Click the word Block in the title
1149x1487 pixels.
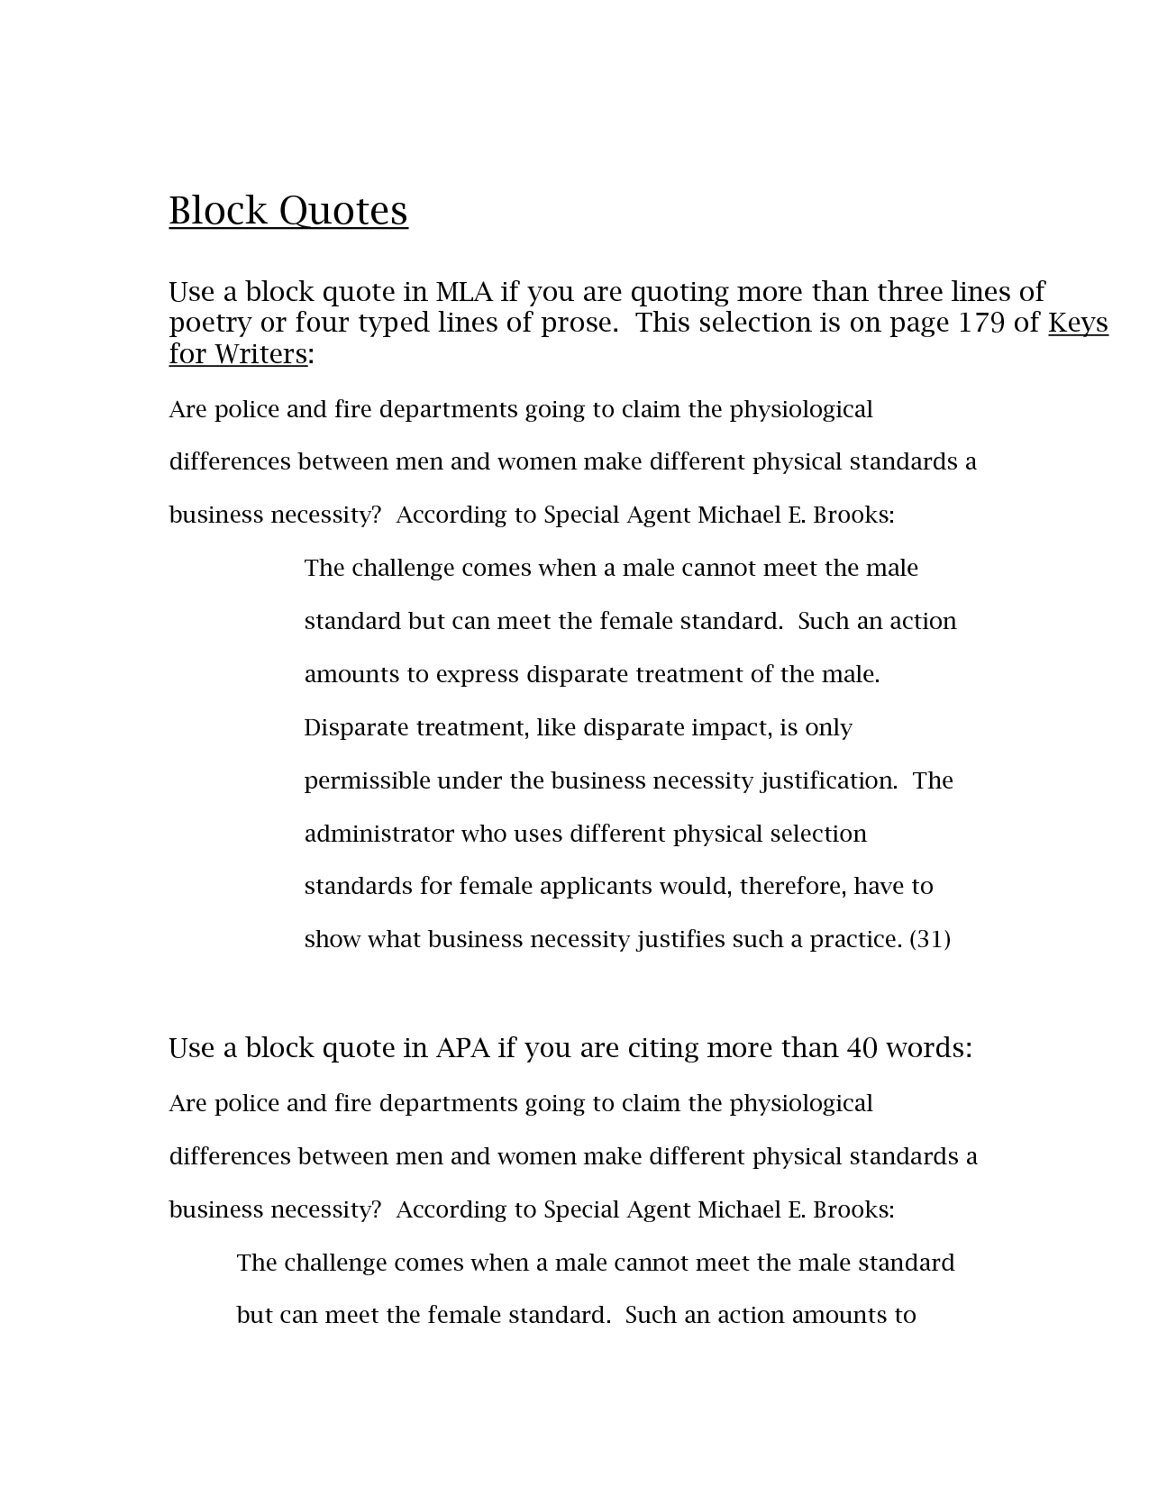218,211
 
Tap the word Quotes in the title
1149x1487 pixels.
343,211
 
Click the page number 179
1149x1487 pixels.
980,323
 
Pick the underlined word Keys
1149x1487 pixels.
1078,323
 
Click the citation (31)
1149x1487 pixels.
930,939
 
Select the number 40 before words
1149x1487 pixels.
862,1048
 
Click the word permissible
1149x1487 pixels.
367,780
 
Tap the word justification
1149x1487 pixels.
828,780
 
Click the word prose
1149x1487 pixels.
577,323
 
